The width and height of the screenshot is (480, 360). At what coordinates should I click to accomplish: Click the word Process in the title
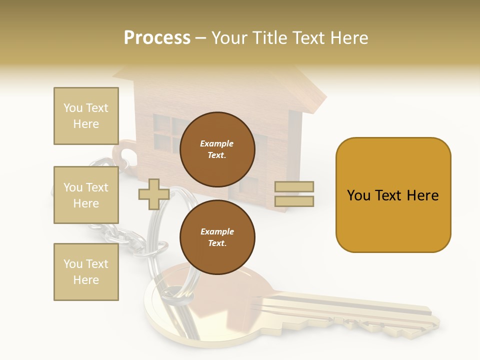[x=157, y=38]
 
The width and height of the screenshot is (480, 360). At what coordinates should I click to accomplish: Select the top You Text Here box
[x=86, y=116]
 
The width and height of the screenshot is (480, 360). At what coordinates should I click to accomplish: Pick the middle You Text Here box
[x=86, y=195]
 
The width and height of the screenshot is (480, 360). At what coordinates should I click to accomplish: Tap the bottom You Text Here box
[x=86, y=272]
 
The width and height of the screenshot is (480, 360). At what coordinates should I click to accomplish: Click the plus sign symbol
[x=154, y=194]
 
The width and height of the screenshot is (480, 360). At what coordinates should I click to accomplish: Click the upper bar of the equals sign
[x=294, y=187]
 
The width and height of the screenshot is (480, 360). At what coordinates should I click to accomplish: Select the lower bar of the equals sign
[x=294, y=201]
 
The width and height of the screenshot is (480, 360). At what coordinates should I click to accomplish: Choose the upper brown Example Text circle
[x=217, y=149]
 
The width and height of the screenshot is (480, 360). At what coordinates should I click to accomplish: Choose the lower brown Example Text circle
[x=217, y=237]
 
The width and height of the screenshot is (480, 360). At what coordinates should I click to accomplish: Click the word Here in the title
[x=350, y=38]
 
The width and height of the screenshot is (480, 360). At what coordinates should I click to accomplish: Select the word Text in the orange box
[x=393, y=195]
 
